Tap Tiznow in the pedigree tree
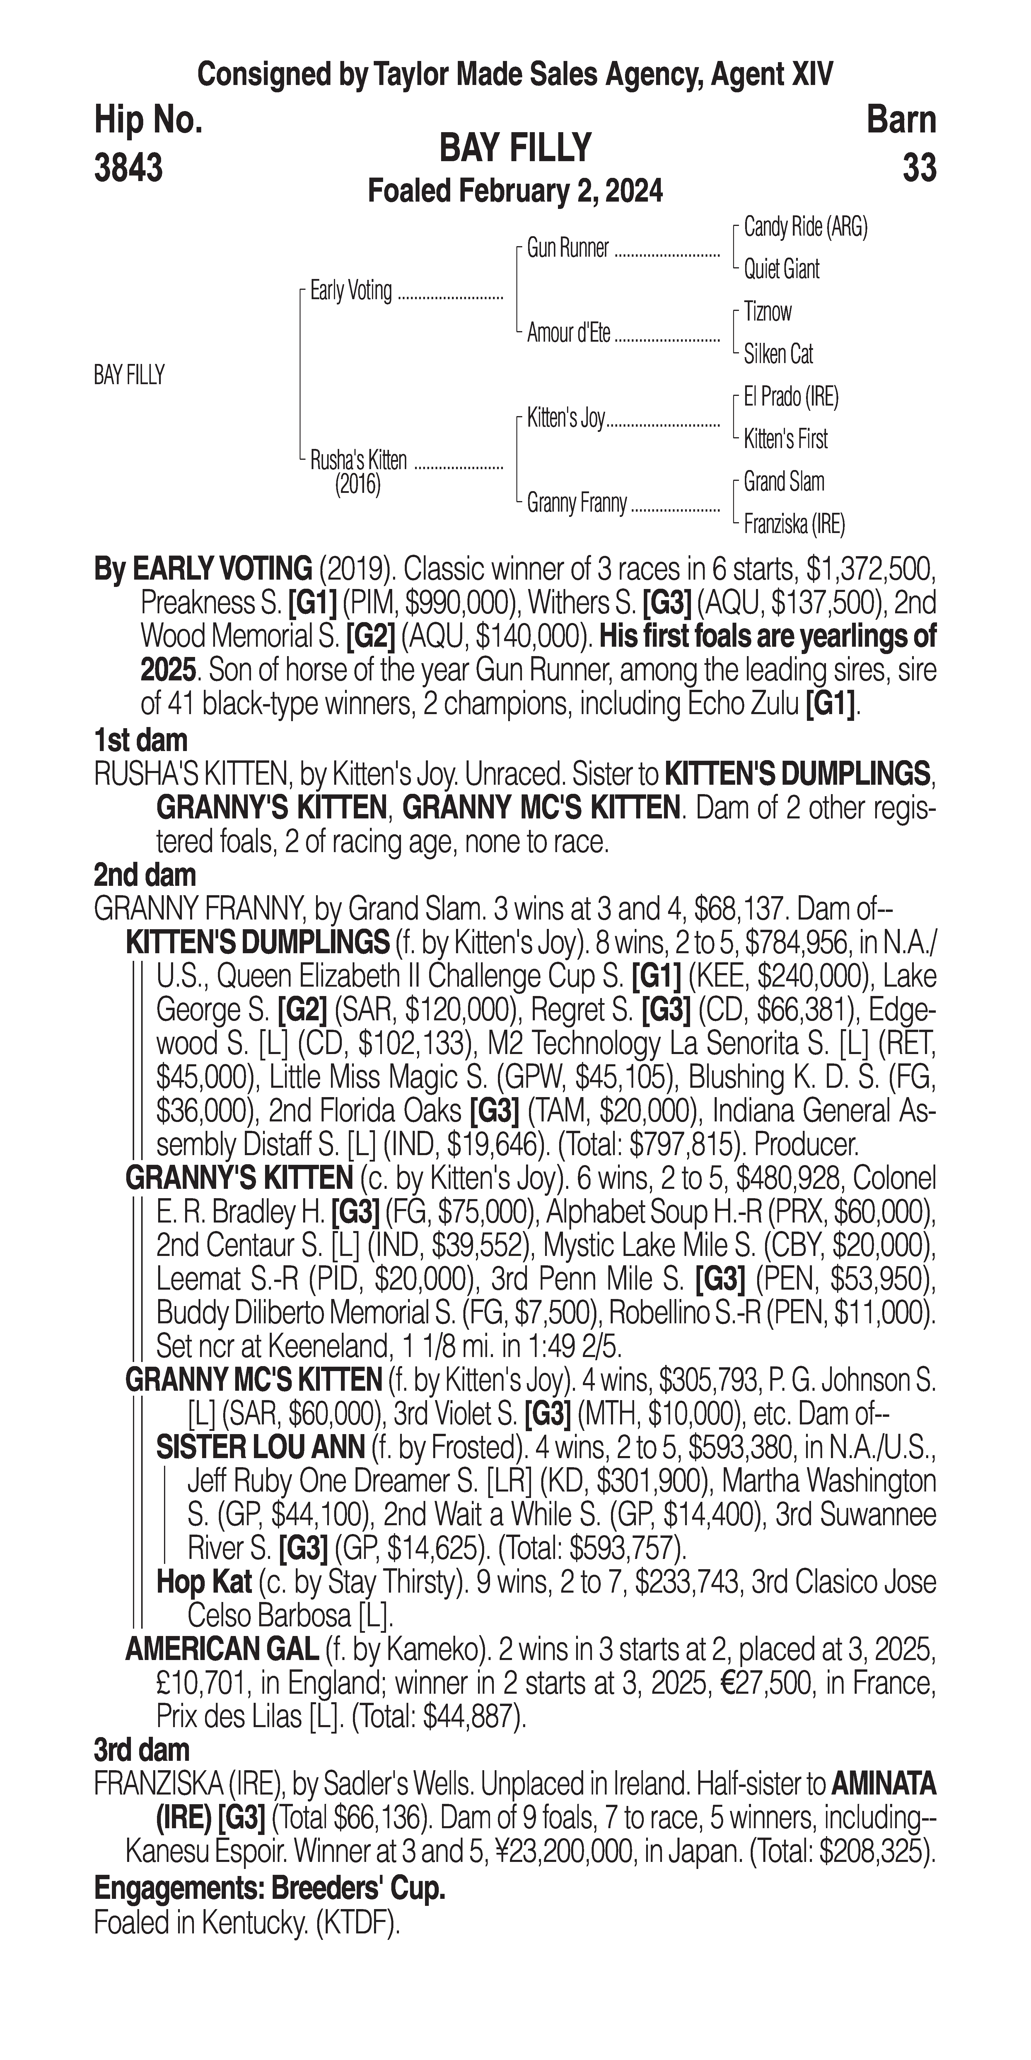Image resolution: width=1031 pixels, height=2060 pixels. tap(767, 312)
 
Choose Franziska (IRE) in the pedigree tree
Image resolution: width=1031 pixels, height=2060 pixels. tap(794, 525)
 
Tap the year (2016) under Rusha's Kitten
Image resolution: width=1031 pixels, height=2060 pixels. tap(357, 485)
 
